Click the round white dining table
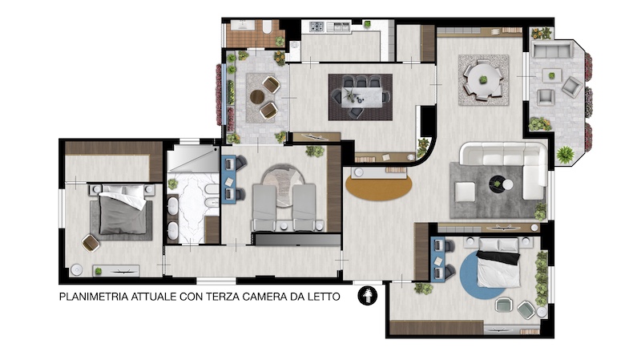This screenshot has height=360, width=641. click(483, 79)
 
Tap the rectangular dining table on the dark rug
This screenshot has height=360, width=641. click(361, 97)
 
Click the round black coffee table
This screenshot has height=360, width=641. click(498, 184)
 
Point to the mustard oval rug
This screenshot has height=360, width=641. click(378, 186)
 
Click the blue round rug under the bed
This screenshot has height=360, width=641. click(482, 275)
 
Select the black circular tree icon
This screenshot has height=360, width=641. click(368, 296)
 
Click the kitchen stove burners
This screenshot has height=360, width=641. click(316, 26)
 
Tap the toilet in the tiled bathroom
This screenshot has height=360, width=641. click(267, 27)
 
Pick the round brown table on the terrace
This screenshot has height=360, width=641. click(257, 97)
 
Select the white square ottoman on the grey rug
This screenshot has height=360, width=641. click(466, 192)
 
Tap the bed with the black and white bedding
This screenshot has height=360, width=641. click(498, 264)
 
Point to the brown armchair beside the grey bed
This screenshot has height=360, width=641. click(91, 243)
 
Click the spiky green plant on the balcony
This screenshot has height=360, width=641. click(565, 155)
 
